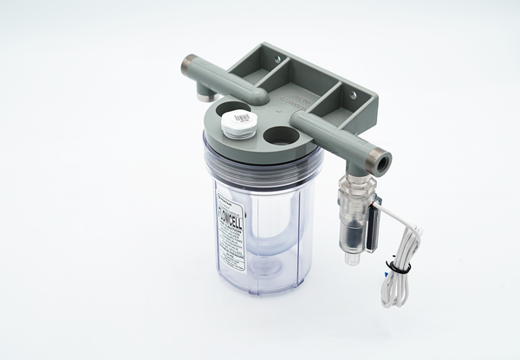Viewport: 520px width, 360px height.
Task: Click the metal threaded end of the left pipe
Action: (x=190, y=65)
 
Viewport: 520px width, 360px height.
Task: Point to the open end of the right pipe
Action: (x=381, y=160)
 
